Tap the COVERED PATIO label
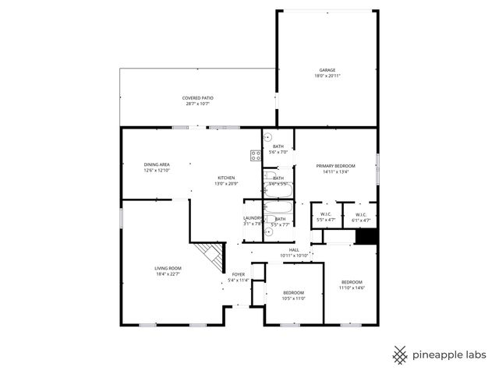click(198, 98)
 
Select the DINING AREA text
click(157, 164)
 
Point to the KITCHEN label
click(225, 178)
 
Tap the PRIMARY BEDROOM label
click(335, 166)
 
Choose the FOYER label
click(238, 275)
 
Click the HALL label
click(294, 249)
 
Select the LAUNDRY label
click(253, 218)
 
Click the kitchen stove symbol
click(255, 155)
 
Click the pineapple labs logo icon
click(400, 355)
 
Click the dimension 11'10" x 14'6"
click(351, 288)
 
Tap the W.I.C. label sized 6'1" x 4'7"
click(361, 214)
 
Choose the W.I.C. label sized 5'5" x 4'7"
click(326, 214)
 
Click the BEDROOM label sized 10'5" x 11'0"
click(294, 292)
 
